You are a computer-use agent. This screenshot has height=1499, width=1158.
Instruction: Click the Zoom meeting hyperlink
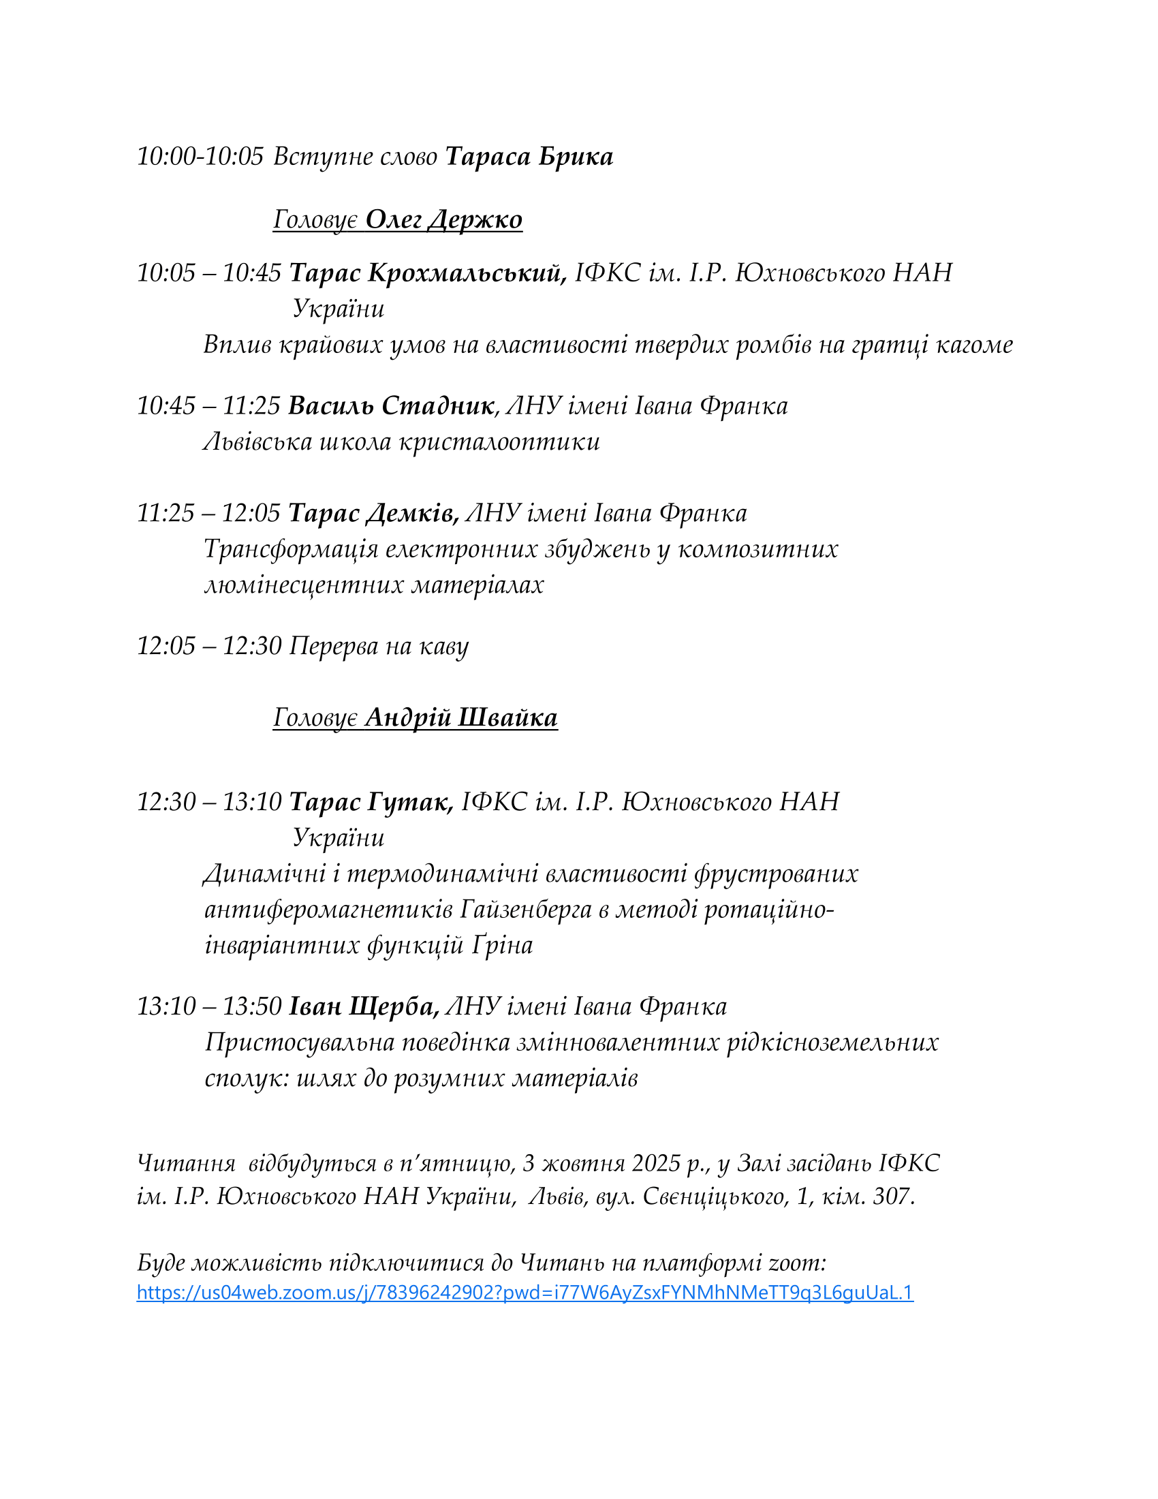(x=525, y=1293)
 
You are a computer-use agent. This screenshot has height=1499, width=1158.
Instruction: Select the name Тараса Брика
(x=529, y=157)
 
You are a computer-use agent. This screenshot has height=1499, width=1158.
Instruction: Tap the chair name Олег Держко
(x=444, y=219)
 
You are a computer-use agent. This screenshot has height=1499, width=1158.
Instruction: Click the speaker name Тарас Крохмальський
(x=427, y=273)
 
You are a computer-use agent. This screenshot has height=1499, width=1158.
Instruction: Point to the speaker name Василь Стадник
(x=391, y=405)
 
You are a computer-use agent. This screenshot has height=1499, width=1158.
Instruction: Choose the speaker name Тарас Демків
(x=373, y=512)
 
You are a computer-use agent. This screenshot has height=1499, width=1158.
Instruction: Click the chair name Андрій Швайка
(x=461, y=717)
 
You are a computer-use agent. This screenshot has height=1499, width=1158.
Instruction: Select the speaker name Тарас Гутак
(x=371, y=802)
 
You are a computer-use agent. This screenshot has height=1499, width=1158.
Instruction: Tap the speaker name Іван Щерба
(x=364, y=1006)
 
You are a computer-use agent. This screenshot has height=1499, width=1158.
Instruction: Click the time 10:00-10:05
(x=200, y=157)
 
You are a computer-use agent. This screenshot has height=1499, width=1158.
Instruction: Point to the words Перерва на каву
(x=379, y=646)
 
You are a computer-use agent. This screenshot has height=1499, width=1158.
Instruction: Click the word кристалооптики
(x=499, y=442)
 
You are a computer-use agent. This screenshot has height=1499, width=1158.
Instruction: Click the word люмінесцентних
(x=304, y=584)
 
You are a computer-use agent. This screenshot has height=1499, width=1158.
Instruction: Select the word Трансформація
(x=291, y=548)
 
